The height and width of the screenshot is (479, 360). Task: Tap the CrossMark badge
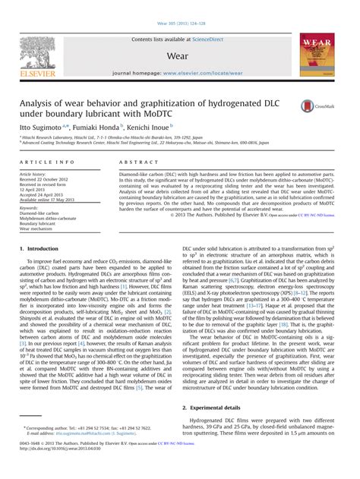310,107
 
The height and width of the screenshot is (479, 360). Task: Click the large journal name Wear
180,55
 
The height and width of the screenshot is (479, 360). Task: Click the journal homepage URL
201,74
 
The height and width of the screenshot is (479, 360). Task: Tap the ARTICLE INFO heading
47,162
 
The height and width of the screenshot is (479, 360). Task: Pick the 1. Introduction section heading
43,249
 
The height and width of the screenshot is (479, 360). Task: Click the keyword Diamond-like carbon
40,213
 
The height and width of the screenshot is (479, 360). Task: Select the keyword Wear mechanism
36,228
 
